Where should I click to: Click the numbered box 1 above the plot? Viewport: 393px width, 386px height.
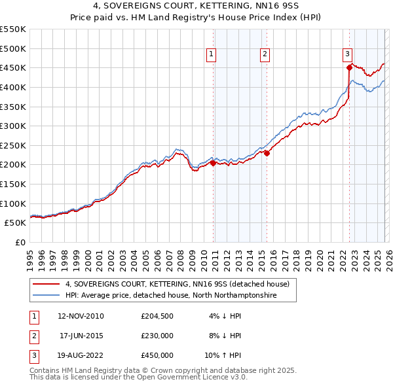click(x=212, y=54)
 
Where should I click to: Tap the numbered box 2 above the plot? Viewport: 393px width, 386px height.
click(x=265, y=54)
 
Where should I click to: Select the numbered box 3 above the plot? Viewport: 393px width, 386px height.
click(x=347, y=54)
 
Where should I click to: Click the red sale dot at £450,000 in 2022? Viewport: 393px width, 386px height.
click(x=349, y=67)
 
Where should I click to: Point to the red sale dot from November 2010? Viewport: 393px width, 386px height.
click(x=213, y=163)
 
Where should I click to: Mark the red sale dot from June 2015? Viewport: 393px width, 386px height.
click(x=267, y=153)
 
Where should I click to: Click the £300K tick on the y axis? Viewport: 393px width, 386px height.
click(x=14, y=126)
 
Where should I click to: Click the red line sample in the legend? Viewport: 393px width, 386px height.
click(x=47, y=284)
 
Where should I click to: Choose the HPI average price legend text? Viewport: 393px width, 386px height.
click(x=171, y=296)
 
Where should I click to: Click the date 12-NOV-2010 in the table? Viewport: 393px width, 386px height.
click(x=81, y=316)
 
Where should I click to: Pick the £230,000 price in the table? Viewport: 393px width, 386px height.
click(x=157, y=336)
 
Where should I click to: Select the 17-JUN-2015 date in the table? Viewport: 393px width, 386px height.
click(x=82, y=336)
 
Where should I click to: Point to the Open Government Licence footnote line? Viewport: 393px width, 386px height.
click(x=138, y=377)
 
